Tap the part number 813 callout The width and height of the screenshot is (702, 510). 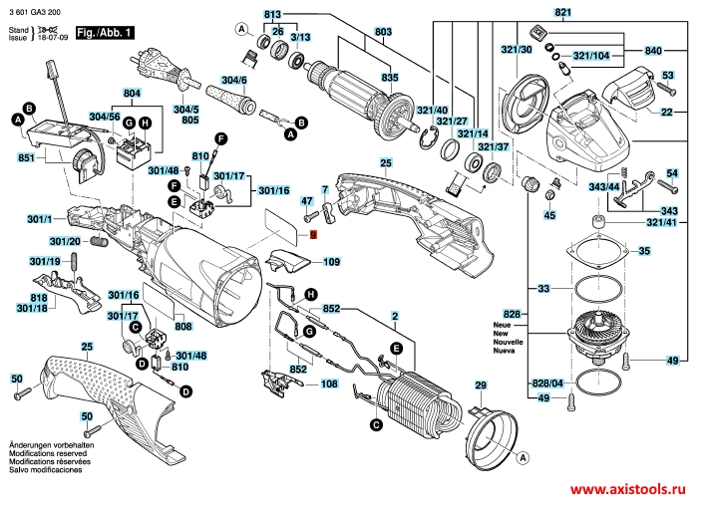(x=273, y=13)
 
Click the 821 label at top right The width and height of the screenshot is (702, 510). (x=564, y=13)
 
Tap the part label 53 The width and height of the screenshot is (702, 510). (x=669, y=75)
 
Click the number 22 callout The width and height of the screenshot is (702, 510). (x=667, y=114)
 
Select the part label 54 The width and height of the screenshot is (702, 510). (x=671, y=173)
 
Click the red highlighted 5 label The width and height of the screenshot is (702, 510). (x=313, y=235)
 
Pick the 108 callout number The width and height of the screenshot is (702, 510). (x=330, y=382)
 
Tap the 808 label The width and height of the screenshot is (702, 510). (x=183, y=326)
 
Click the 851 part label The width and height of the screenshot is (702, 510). (x=26, y=158)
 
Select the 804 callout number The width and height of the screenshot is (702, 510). (x=132, y=93)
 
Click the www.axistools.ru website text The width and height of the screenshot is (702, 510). (x=631, y=492)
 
